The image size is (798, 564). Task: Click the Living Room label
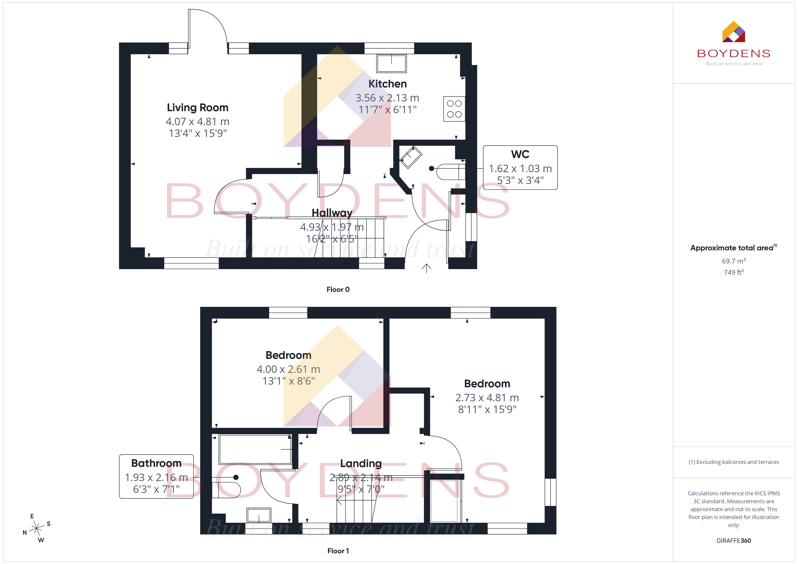197,108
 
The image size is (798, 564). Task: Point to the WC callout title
520,154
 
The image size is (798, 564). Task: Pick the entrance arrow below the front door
426,268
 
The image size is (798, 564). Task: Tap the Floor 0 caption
338,289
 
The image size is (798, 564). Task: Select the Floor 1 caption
338,551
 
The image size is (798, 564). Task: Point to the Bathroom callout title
156,463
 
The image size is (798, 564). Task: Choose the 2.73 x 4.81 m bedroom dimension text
487,398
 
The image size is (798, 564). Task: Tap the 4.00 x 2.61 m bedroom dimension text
288,369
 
